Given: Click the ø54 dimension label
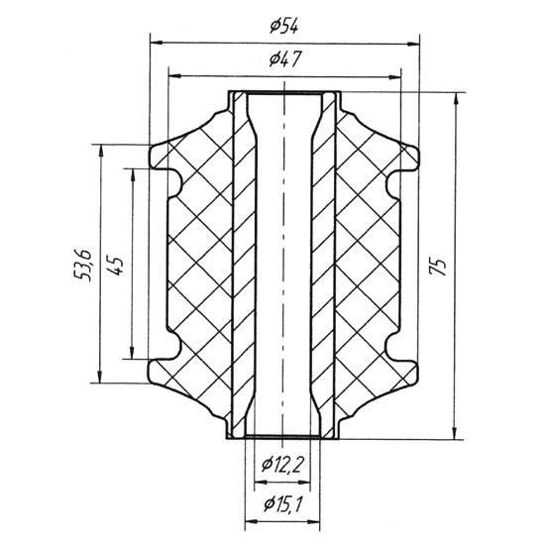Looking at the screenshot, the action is tap(284, 26).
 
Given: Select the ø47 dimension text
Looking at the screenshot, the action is tap(284, 58).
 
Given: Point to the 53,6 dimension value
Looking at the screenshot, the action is tap(82, 265).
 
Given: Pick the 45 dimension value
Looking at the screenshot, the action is tap(117, 266).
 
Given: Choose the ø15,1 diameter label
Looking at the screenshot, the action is tap(283, 503).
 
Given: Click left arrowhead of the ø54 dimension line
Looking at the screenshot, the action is tap(156, 43).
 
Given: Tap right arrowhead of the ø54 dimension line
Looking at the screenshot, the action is tap(413, 44).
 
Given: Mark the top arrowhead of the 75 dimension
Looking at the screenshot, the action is tap(457, 99).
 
